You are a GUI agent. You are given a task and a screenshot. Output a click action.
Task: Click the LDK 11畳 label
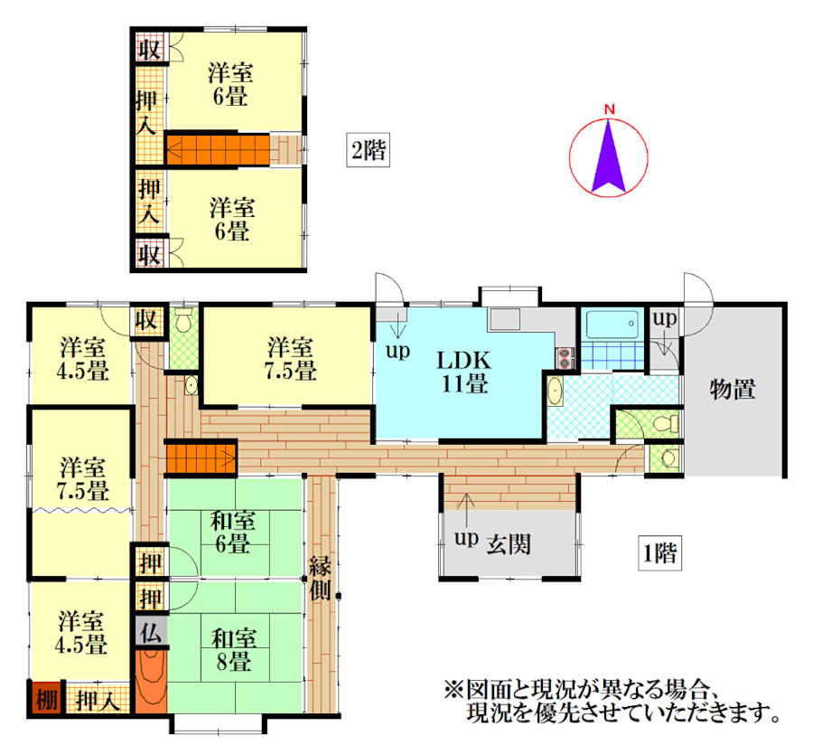(x=463, y=372)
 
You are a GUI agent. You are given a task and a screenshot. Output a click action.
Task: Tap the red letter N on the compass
(x=610, y=109)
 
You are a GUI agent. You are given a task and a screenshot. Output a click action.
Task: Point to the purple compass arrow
(x=609, y=156)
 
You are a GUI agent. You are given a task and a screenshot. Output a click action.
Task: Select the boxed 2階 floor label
(x=369, y=150)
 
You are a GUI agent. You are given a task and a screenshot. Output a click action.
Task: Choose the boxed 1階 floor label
(x=659, y=553)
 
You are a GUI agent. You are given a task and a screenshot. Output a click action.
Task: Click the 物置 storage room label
(x=732, y=389)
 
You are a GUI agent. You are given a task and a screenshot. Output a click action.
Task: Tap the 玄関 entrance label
(x=509, y=544)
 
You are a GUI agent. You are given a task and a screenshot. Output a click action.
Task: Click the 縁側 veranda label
(x=320, y=579)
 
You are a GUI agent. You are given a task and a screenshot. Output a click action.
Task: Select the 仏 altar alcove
(x=151, y=631)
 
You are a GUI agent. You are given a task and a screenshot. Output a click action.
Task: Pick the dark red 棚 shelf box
(x=46, y=698)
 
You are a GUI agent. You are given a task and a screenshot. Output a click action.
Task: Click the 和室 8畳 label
(x=234, y=649)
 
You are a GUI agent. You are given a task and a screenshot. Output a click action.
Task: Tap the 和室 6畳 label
(x=233, y=532)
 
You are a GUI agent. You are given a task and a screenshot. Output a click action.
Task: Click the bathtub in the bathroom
(x=612, y=325)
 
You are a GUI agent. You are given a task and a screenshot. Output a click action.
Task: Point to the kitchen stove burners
(x=565, y=358)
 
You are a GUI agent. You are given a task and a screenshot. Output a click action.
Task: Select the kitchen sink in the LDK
(x=504, y=319)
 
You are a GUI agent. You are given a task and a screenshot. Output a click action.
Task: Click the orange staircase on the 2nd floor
(x=218, y=150)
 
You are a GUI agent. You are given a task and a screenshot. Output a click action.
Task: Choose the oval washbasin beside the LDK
(x=555, y=391)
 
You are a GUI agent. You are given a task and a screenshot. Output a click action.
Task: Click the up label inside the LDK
(x=397, y=351)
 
